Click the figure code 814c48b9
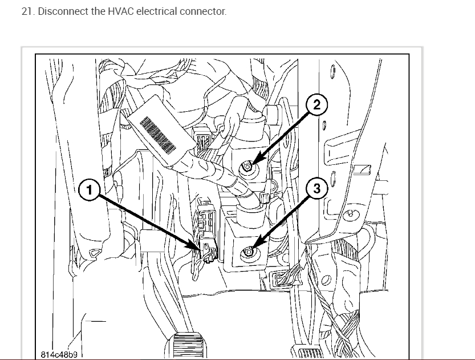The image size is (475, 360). click(59, 354)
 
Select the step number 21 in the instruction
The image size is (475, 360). click(27, 11)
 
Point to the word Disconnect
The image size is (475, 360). click(61, 11)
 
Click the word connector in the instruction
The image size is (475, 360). click(203, 11)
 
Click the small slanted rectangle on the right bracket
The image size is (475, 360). click(361, 170)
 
